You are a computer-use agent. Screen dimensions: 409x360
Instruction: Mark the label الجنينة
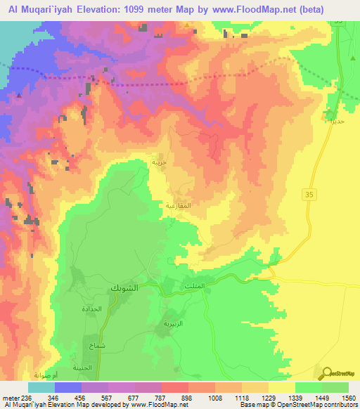coord(84,368)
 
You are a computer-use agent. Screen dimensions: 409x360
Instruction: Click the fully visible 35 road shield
coord(309,193)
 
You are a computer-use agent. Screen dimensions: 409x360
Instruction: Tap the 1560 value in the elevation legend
coord(348,397)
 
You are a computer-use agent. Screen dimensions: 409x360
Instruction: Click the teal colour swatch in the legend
coord(41,387)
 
